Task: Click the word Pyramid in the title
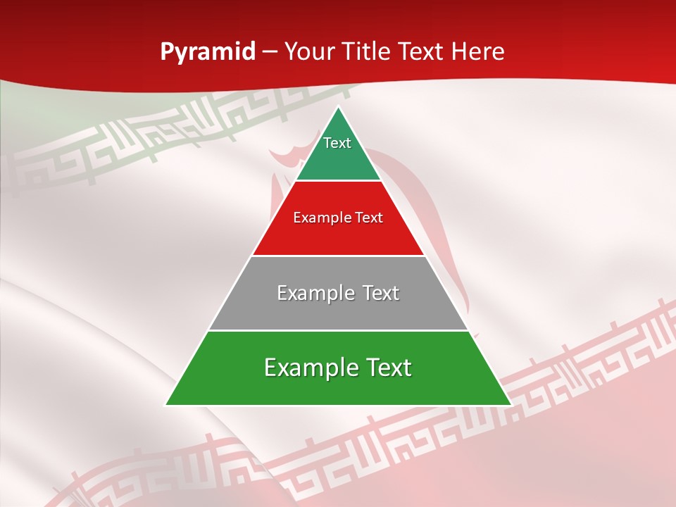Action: (x=208, y=52)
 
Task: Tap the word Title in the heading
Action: (x=367, y=52)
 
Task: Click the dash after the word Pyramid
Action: (x=270, y=52)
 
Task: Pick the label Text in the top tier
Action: (x=337, y=143)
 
